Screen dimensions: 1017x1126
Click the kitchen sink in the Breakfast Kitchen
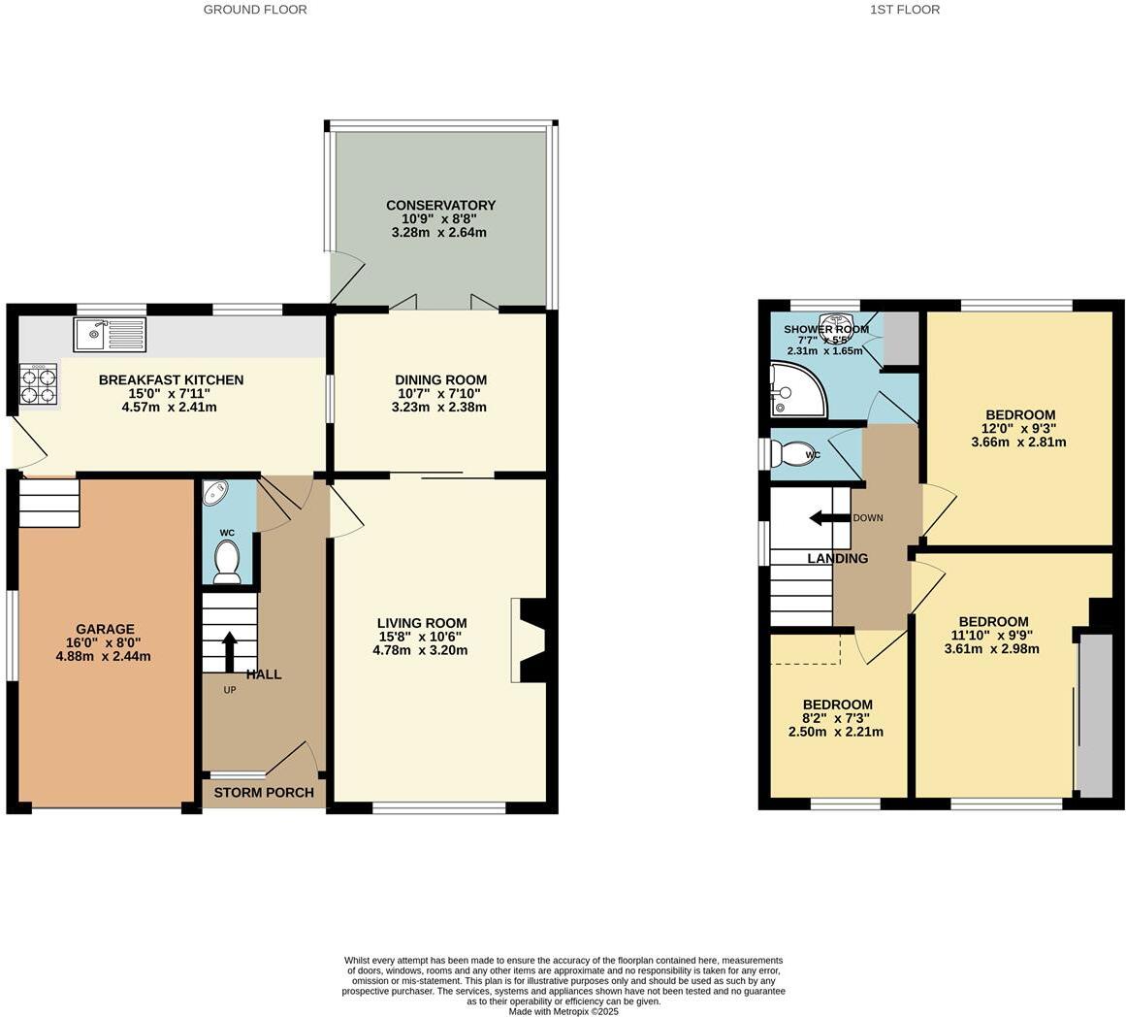click(109, 334)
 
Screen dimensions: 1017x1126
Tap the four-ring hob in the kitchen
click(39, 383)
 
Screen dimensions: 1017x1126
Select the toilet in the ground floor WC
click(227, 561)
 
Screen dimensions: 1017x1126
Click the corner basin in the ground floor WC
click(215, 493)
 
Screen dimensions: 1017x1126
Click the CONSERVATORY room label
click(440, 206)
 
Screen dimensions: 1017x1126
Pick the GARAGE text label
click(105, 629)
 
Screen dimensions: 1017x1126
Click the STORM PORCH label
click(264, 793)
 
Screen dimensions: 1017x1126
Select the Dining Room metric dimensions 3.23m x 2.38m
click(438, 408)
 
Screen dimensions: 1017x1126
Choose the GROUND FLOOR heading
click(255, 10)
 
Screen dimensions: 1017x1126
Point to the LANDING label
click(837, 558)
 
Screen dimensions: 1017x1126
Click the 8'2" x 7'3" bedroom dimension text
click(836, 718)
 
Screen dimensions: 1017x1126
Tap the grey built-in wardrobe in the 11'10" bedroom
click(1096, 715)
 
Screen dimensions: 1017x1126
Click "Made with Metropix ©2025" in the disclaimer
click(563, 1011)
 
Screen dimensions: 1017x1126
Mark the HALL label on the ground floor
click(264, 673)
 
